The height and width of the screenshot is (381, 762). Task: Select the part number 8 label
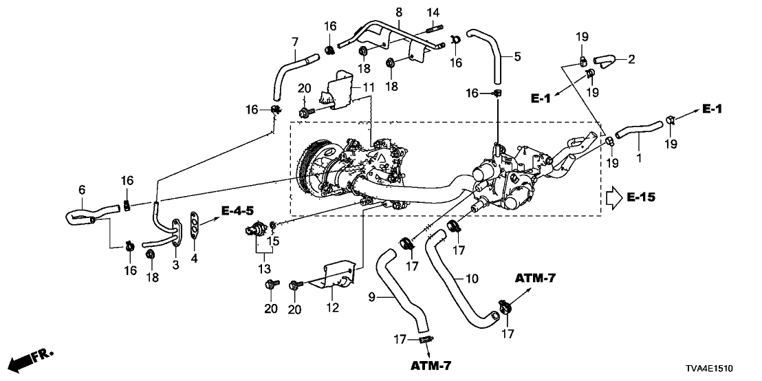(x=398, y=12)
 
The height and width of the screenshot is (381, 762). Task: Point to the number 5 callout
(x=518, y=56)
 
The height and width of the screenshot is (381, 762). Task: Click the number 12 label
(x=333, y=308)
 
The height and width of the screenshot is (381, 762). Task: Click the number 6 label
(x=82, y=189)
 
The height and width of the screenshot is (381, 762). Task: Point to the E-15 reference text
(x=642, y=198)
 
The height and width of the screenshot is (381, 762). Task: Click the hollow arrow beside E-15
(x=612, y=198)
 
